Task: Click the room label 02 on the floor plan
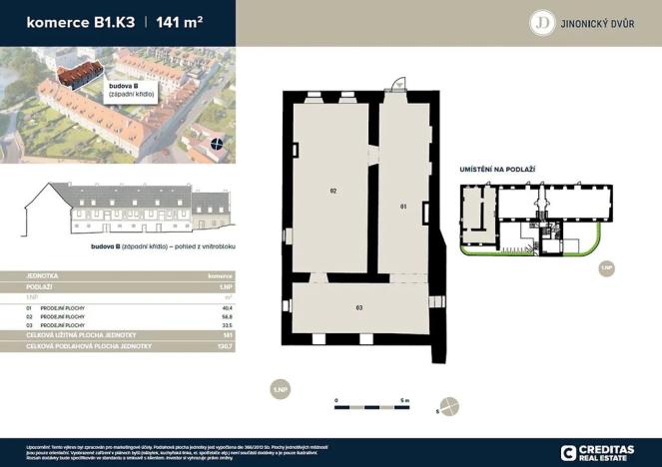pos(334,189)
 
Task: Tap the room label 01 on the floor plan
pos(404,207)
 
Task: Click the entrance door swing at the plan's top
pos(397,86)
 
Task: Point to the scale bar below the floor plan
pos(370,407)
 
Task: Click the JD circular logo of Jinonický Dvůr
pos(542,22)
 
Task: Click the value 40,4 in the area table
pos(226,309)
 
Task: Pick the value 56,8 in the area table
pos(226,317)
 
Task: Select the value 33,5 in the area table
pos(226,325)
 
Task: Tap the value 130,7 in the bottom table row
pos(225,344)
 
